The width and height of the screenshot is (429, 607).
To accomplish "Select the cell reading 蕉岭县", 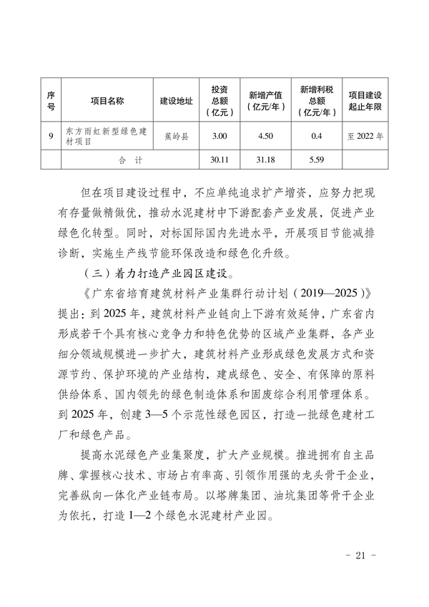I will [176, 135].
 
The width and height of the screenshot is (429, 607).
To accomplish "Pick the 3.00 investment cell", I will [220, 135].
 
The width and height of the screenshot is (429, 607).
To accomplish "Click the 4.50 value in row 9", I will [266, 135].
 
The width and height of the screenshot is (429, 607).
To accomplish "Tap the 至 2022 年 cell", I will [365, 135].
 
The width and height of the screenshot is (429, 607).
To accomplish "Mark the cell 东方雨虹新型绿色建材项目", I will [106, 135].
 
